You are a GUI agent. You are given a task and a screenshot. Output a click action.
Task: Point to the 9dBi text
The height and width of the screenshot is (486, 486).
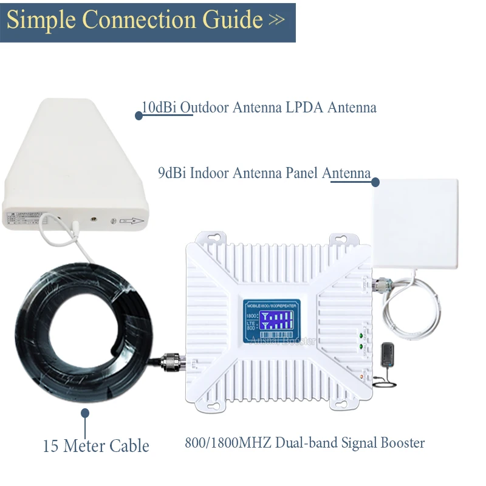(x=172, y=173)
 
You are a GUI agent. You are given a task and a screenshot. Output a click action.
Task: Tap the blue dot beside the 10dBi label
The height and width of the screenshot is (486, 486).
(x=139, y=115)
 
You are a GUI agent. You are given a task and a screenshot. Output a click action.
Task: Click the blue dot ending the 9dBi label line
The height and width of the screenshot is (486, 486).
(x=375, y=182)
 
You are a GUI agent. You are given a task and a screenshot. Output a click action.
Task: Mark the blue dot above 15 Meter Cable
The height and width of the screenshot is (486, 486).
(x=85, y=414)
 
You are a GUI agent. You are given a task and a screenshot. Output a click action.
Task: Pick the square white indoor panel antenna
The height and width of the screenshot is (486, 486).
(x=417, y=224)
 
